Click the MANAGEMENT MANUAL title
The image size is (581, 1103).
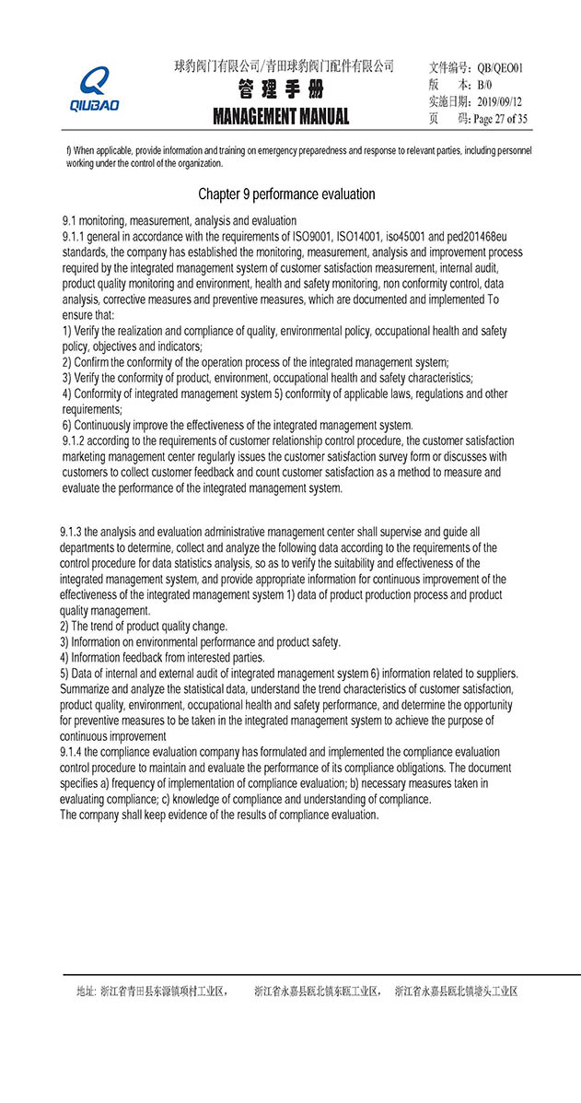pos(281,117)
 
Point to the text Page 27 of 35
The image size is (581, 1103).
pos(500,119)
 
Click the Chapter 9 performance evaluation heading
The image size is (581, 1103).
pos(286,194)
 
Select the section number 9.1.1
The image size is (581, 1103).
pos(74,236)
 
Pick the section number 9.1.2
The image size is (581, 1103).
pos(74,441)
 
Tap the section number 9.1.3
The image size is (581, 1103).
pos(74,533)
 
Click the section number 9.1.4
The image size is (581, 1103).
pos(74,753)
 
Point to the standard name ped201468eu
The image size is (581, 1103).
pos(472,236)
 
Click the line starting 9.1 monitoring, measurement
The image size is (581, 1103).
pos(180,221)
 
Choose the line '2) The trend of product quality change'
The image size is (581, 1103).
pos(144,627)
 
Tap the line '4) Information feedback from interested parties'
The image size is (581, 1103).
pos(162,658)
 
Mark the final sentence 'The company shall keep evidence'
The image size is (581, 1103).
pos(219,816)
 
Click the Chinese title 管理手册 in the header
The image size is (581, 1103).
pos(281,90)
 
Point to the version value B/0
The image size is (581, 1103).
pos(484,85)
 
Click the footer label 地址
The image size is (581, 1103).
pos(86,992)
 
